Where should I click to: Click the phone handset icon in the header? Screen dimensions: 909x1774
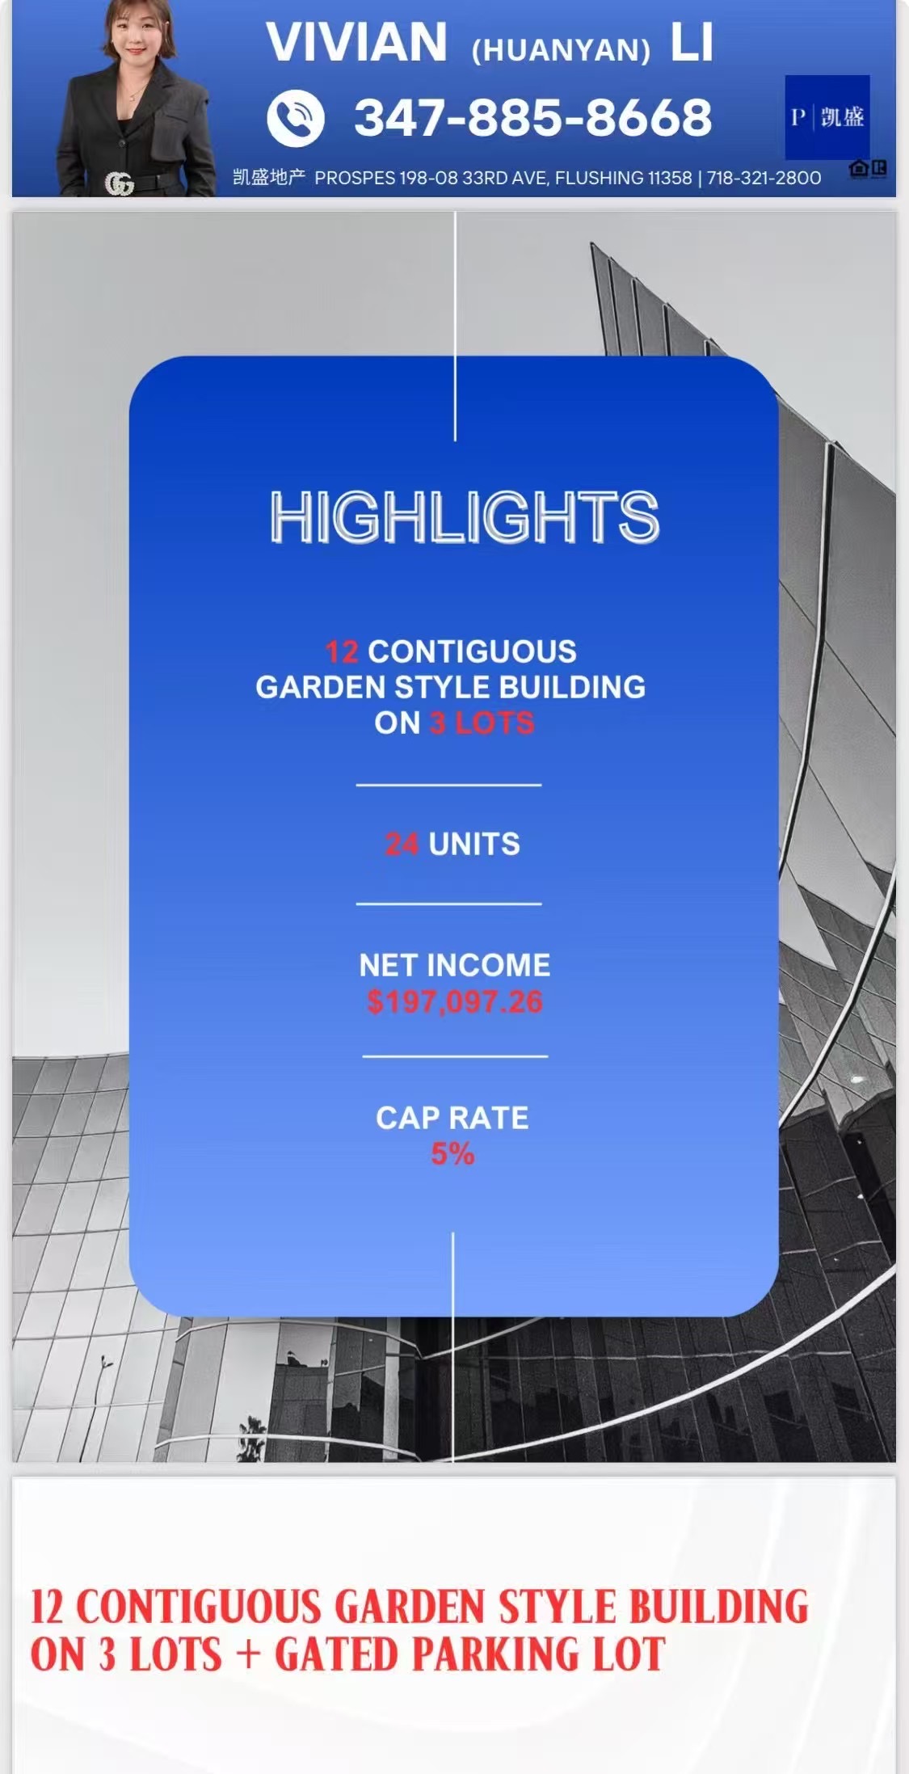(x=296, y=118)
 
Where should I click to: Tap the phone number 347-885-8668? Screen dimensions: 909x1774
(x=533, y=118)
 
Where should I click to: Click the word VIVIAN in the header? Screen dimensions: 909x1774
(x=356, y=43)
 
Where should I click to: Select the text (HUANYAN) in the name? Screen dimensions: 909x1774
(x=561, y=50)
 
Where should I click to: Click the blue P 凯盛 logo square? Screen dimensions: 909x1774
(x=827, y=117)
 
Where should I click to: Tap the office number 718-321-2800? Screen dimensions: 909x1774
(x=764, y=178)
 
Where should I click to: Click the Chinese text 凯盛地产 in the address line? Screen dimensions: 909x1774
(x=268, y=177)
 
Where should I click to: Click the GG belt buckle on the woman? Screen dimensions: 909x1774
(x=119, y=185)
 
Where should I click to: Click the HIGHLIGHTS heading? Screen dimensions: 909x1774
(x=465, y=517)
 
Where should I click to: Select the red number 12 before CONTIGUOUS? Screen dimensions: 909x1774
(x=342, y=651)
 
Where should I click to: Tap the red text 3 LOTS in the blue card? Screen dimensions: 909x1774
(x=482, y=723)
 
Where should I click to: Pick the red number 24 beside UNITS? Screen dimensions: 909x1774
(x=402, y=844)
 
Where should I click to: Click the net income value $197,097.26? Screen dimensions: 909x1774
(x=455, y=1002)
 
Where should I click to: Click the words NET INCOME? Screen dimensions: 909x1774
(x=455, y=965)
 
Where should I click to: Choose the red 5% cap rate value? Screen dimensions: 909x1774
(x=452, y=1154)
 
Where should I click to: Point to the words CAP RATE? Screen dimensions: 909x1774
(x=452, y=1118)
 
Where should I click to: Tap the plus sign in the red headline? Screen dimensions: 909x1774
(x=248, y=1655)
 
